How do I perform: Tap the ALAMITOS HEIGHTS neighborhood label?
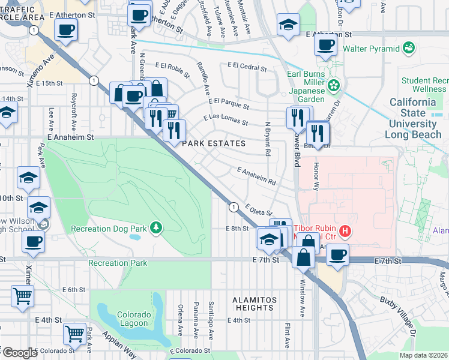click(255, 304)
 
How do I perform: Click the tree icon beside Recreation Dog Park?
click(156, 227)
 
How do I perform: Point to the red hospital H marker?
click(345, 230)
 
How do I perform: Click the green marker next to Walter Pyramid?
click(409, 47)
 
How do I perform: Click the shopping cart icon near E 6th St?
click(22, 295)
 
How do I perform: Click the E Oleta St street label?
click(259, 210)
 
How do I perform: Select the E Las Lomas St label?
click(226, 119)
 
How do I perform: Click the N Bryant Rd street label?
click(267, 139)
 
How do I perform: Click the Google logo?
click(19, 353)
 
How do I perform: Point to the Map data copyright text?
click(424, 355)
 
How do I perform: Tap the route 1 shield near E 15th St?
click(94, 80)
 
